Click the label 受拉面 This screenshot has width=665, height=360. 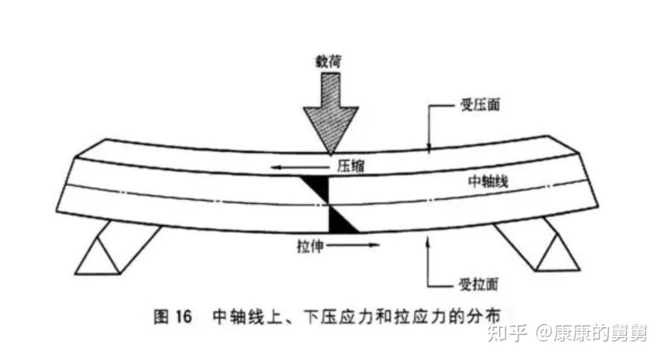point(476,284)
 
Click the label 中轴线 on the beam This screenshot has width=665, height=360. point(487,183)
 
